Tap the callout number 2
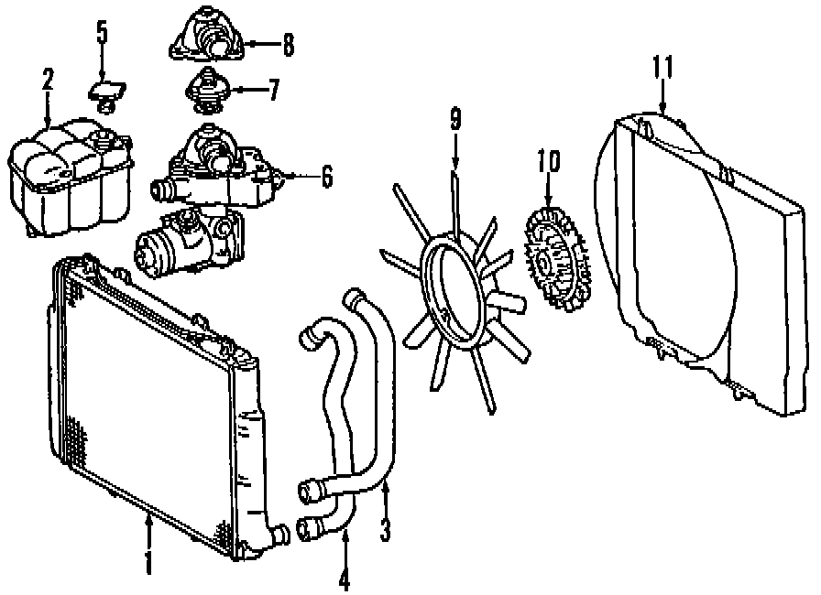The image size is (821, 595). point(47,81)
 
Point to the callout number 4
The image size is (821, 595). point(345,579)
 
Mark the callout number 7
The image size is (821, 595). point(272,92)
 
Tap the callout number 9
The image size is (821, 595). point(454,119)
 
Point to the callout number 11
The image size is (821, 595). point(663,67)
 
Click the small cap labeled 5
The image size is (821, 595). point(104,93)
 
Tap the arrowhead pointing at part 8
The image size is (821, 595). point(246,43)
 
